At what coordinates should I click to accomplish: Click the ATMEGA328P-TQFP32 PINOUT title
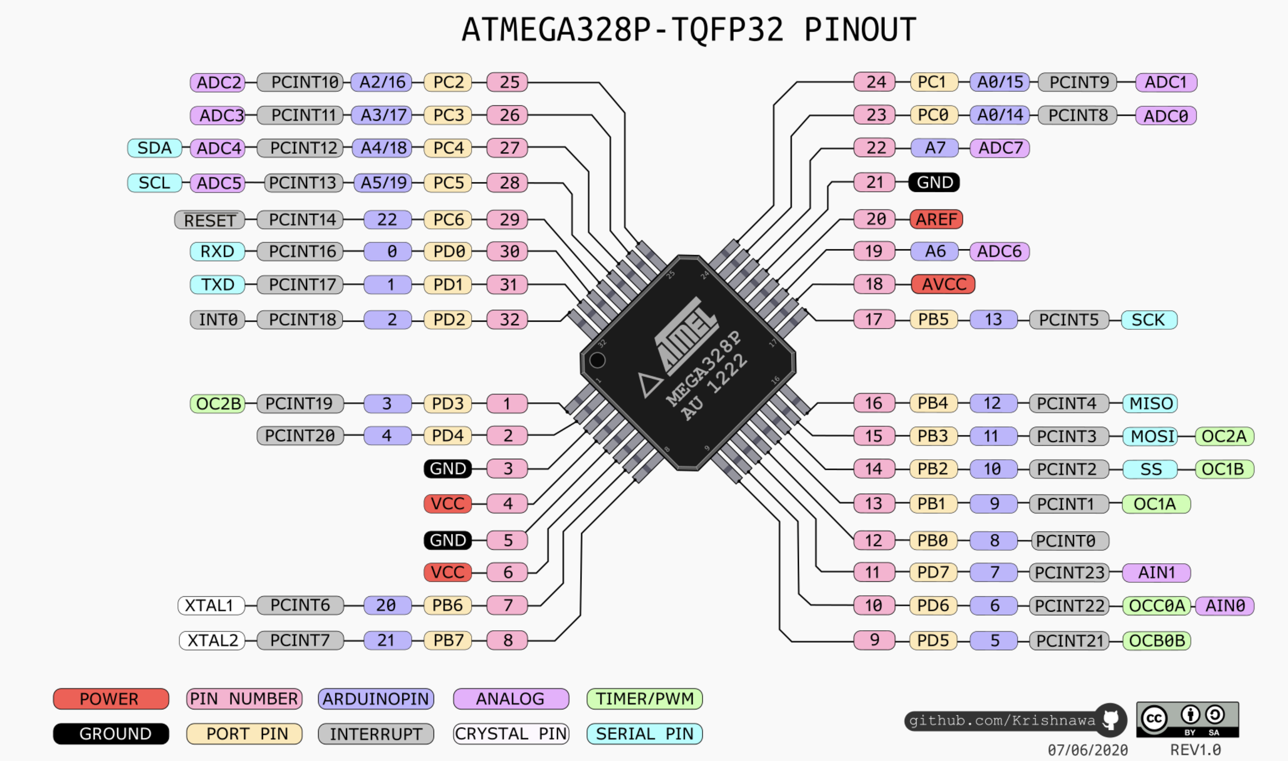pos(688,30)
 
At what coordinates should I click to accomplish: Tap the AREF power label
pos(936,219)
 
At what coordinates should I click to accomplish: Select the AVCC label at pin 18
pos(943,284)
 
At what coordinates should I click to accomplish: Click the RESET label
pos(210,220)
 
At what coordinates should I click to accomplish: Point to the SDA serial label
pos(154,148)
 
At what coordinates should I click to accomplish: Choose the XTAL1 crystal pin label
pos(211,606)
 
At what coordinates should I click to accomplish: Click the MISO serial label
pos(1150,404)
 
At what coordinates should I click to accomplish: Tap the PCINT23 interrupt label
pos(1069,572)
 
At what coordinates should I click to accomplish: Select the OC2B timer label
pos(218,404)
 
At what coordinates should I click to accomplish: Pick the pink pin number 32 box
pos(508,319)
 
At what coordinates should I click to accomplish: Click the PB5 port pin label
pos(933,319)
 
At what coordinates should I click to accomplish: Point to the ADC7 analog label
pos(1000,148)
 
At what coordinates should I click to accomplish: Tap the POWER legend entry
pos(111,699)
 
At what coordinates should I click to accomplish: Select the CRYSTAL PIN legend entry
pos(511,734)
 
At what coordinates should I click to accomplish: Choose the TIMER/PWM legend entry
pos(644,699)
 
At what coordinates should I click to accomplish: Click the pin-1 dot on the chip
pos(597,361)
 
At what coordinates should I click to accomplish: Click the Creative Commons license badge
pos(1187,720)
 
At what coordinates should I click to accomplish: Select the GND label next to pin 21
pos(934,182)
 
